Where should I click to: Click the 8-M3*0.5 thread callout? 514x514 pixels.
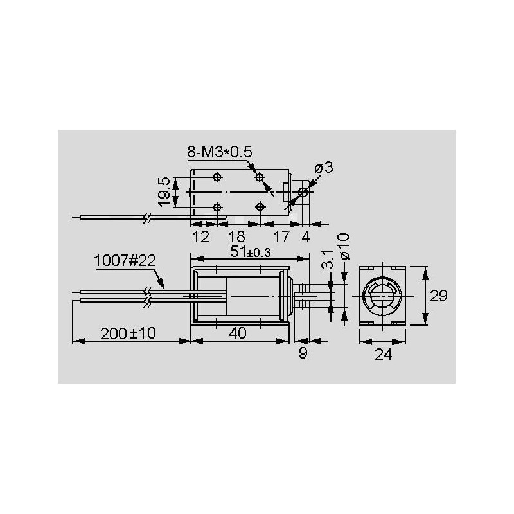tap(220, 152)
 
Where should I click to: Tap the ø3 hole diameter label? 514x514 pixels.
tap(324, 168)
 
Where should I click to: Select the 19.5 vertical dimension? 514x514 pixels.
tap(164, 191)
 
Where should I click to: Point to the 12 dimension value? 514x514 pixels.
tap(200, 236)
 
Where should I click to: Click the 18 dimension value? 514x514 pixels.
tap(236, 236)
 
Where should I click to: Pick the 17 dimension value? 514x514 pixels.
tap(281, 236)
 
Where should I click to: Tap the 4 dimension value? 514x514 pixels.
tap(306, 236)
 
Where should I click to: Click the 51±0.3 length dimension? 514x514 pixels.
tap(251, 252)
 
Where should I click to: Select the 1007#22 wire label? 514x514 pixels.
tap(125, 261)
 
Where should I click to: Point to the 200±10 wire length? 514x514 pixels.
tap(128, 333)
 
